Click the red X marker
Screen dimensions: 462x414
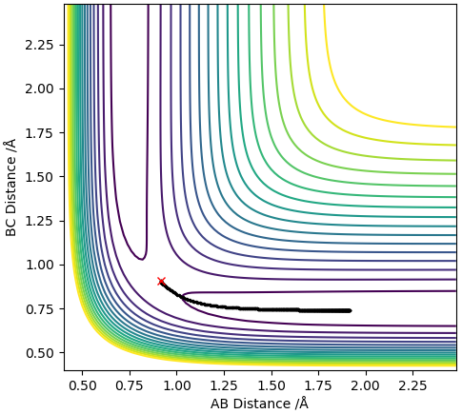161,281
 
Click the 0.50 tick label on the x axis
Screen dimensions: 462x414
82,385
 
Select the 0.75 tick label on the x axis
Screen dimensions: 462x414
130,385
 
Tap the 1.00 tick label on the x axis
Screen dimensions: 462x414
177,385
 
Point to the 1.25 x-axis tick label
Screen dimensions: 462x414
224,385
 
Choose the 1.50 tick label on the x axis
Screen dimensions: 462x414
271,385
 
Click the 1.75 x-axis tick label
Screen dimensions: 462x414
319,385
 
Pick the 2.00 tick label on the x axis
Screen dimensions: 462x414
366,385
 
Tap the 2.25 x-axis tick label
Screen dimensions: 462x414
413,385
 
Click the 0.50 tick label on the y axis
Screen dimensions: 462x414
38,353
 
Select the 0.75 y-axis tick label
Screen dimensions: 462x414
38,308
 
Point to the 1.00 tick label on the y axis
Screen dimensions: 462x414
38,265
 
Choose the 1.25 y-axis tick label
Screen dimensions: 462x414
38,221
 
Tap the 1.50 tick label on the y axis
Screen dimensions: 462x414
38,177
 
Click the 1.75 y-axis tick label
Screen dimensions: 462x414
38,133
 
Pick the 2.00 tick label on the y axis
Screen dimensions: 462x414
38,89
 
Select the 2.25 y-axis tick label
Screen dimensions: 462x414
38,45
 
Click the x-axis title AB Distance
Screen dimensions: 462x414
259,404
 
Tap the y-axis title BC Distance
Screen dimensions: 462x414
11,188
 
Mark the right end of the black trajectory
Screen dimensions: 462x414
351,310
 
